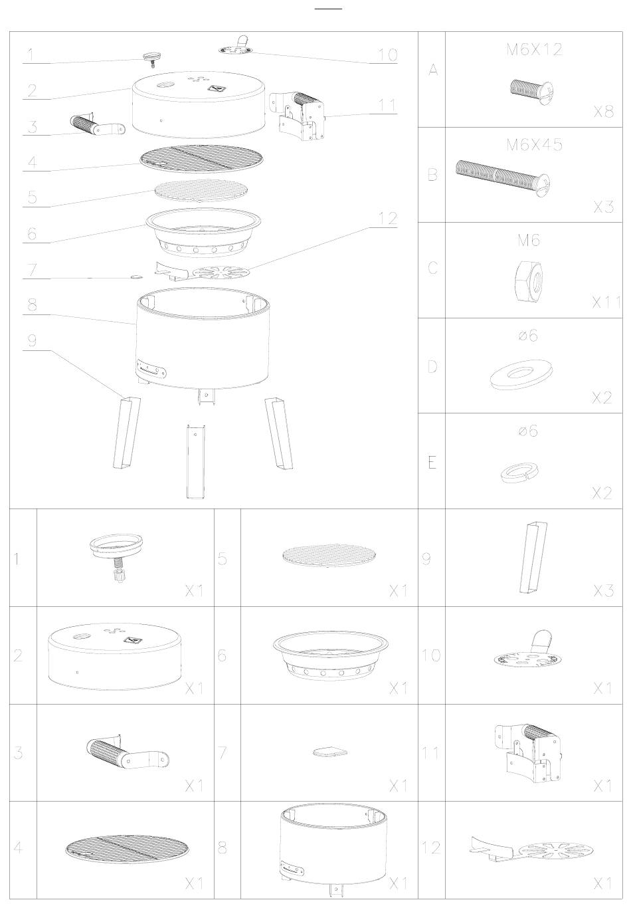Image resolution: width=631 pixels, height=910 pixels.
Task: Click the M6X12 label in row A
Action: tap(534, 50)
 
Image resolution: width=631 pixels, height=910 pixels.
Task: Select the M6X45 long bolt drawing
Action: tap(502, 178)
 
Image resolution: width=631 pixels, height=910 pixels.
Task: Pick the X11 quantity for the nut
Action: tap(606, 302)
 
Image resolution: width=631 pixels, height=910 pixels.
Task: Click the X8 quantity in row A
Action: tap(603, 112)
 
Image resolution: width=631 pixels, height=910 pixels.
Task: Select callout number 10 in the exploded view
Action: tap(387, 55)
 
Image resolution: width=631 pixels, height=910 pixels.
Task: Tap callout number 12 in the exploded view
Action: tap(387, 219)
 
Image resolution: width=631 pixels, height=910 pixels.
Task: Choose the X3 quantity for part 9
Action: tap(603, 591)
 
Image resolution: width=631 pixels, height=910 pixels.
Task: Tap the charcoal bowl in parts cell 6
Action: tap(331, 657)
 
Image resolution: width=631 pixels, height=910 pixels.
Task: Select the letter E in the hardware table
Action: tap(432, 463)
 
